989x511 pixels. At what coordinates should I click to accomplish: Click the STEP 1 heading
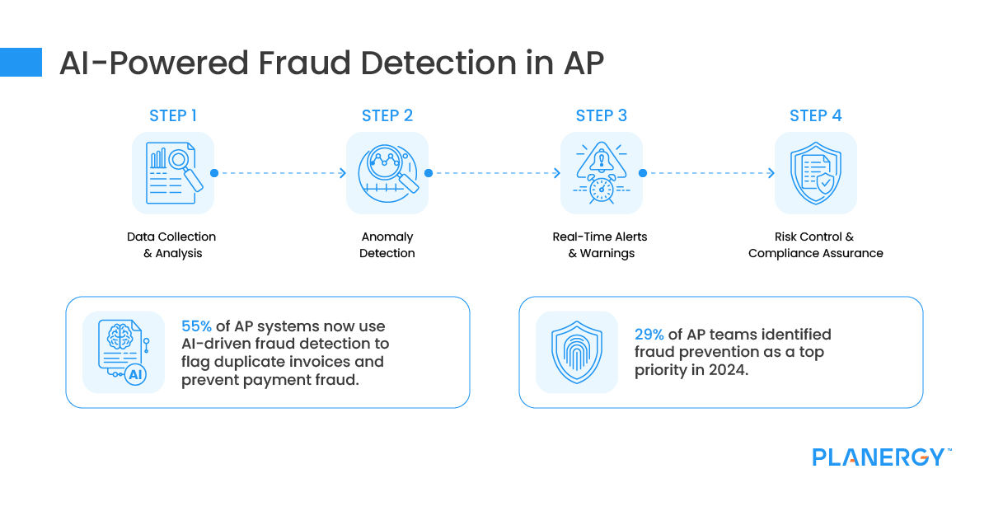[x=172, y=115]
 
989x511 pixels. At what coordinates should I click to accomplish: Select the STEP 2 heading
[x=387, y=115]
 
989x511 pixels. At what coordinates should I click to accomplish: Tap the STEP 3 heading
[x=602, y=115]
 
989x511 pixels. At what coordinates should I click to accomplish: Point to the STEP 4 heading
[x=815, y=115]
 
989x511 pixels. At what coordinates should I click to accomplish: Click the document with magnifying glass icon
[x=174, y=173]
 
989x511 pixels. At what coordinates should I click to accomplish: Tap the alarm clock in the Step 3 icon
[x=602, y=190]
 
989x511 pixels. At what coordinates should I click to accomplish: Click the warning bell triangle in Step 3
[x=602, y=160]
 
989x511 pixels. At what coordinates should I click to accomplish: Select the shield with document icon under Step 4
[x=815, y=173]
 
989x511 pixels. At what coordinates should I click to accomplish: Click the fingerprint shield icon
[x=577, y=352]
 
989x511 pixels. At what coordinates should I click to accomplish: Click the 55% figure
[x=196, y=326]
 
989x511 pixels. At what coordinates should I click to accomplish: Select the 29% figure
[x=649, y=335]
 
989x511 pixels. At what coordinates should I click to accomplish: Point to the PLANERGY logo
[x=882, y=457]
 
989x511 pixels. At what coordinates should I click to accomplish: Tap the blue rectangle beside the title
[x=21, y=63]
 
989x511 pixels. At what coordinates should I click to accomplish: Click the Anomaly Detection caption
[x=387, y=245]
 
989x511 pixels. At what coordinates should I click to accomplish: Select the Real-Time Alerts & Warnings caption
[x=600, y=245]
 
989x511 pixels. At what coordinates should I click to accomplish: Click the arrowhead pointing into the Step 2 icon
[x=343, y=173]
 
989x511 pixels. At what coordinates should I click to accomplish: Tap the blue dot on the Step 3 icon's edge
[x=643, y=173]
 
